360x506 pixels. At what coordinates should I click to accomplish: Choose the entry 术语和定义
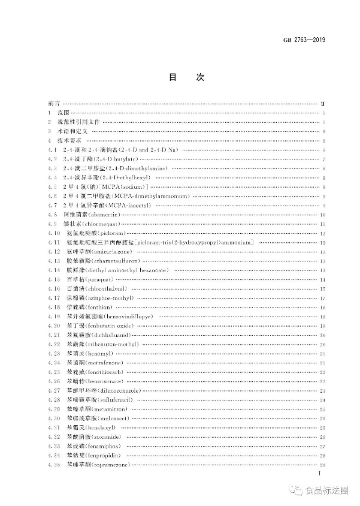pyautogui.click(x=72, y=130)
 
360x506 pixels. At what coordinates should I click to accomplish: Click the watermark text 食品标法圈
pyautogui.click(x=326, y=490)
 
